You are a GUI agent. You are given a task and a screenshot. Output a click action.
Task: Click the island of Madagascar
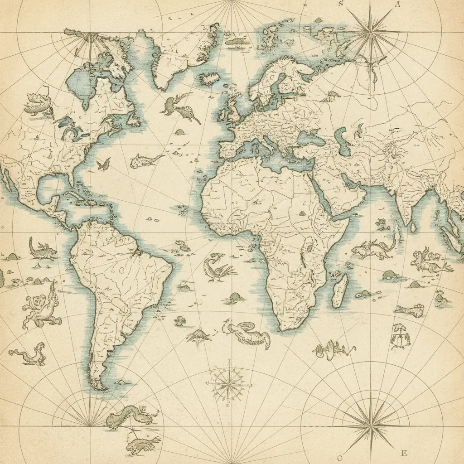(x=340, y=290)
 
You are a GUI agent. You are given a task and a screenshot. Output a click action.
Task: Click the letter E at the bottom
(x=405, y=453)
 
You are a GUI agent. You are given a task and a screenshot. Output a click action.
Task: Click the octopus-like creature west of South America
(x=41, y=308)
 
